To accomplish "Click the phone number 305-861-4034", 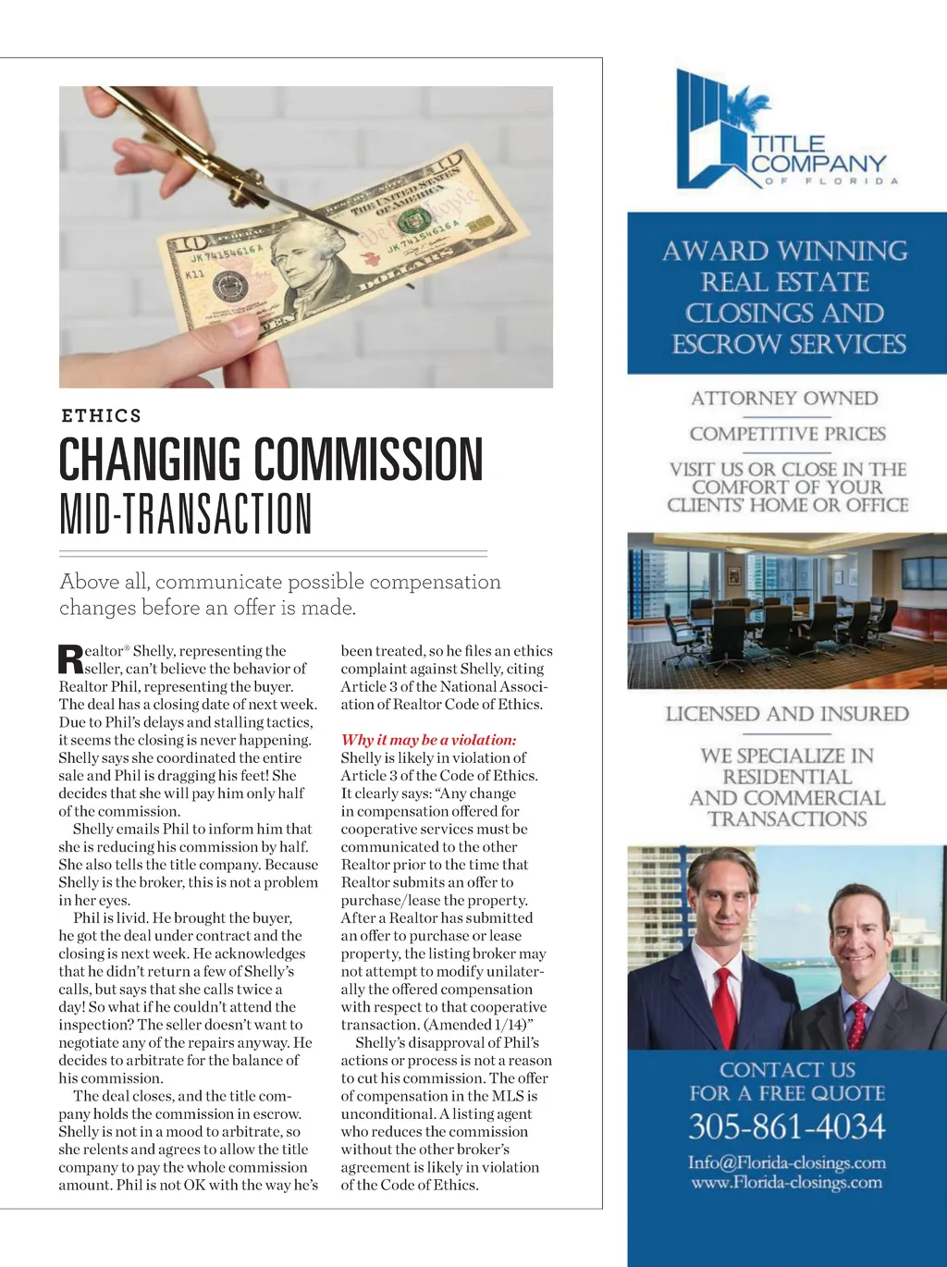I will coord(786,1127).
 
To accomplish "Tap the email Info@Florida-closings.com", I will coord(786,1162).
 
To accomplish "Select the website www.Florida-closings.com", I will coord(786,1183).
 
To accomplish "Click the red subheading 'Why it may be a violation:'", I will coord(428,740).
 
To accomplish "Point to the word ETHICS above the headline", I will coord(102,416).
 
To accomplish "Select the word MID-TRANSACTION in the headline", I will coord(186,514).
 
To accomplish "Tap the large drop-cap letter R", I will coord(70,659).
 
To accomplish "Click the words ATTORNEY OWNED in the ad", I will coord(784,399).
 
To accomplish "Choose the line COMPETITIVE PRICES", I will coord(787,434).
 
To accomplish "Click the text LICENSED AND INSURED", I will coord(787,714).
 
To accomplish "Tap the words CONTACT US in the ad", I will coord(787,1070).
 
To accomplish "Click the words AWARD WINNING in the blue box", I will coord(785,252).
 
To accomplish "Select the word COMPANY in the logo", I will coord(818,164).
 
